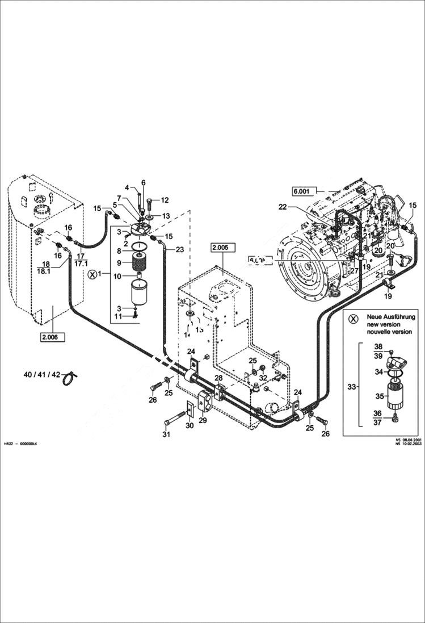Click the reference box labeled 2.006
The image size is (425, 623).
point(52,337)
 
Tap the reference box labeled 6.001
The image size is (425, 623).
point(303,190)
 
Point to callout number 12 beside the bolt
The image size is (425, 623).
point(165,200)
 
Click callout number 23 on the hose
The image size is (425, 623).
point(179,249)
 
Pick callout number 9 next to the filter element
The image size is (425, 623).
point(119,263)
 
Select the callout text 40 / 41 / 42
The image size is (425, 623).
point(41,375)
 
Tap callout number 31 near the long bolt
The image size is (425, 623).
point(166,435)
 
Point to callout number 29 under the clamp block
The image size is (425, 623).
point(203,419)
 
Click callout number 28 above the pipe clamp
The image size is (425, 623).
point(218,378)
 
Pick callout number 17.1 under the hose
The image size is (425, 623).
point(81,264)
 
